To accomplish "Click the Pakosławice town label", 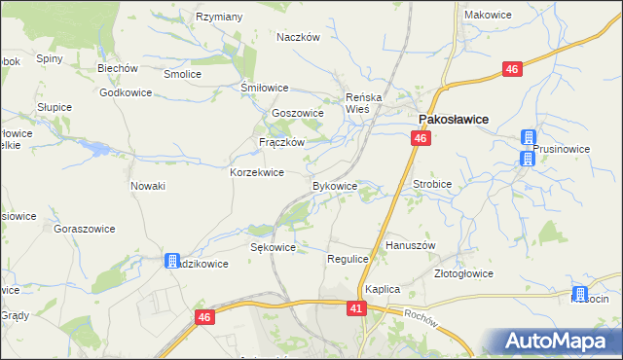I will pos(453,119).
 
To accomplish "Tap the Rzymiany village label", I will pos(219,17).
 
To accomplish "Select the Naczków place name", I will pos(298,37).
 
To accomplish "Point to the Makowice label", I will pos(488,15).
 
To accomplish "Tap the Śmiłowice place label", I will pos(265,87).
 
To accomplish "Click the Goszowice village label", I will pos(297,113).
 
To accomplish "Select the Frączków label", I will pos(282,141).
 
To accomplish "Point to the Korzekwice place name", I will pos(256,172).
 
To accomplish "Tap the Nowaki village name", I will pos(148,185).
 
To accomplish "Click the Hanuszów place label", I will pos(410,245).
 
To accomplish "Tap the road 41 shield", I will pos(356,307).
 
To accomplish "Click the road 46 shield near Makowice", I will pos(512,68).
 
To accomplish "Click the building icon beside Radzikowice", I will pos(172,261).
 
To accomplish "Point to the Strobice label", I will pos(432,182).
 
